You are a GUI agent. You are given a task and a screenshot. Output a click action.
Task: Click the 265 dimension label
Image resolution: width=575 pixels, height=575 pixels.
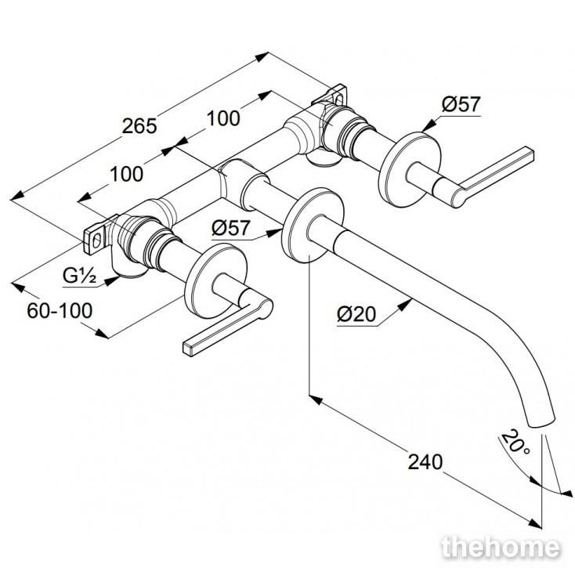pyautogui.click(x=139, y=126)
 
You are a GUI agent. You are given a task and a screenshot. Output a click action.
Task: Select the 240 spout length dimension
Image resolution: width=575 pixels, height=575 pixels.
pyautogui.click(x=425, y=461)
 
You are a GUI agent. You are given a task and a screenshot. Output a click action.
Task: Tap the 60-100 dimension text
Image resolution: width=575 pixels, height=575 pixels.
pyautogui.click(x=60, y=310)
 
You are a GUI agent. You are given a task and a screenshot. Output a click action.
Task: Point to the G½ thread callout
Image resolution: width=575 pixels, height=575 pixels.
pyautogui.click(x=79, y=276)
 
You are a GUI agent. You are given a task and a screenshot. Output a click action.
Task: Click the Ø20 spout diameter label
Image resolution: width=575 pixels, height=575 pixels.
pyautogui.click(x=356, y=314)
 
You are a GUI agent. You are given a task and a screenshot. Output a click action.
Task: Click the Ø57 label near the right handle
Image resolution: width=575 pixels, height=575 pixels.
pyautogui.click(x=461, y=104)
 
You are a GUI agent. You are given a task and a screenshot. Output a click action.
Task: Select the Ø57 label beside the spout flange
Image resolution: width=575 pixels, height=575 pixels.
pyautogui.click(x=230, y=228)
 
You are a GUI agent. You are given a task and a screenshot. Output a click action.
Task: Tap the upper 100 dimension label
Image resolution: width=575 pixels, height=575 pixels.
pyautogui.click(x=223, y=118)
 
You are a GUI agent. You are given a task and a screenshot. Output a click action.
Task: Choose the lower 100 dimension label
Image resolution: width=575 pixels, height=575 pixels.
pyautogui.click(x=126, y=174)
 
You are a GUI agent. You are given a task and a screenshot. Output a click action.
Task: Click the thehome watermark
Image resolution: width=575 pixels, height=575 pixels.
pyautogui.click(x=501, y=548)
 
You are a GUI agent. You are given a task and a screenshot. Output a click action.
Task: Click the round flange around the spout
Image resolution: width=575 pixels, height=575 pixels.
pyautogui.click(x=313, y=225)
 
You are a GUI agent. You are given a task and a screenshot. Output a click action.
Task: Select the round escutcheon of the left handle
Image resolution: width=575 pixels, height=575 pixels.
pyautogui.click(x=216, y=280)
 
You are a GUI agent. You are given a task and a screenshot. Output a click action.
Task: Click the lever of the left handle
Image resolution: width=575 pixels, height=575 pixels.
pyautogui.click(x=228, y=323)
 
